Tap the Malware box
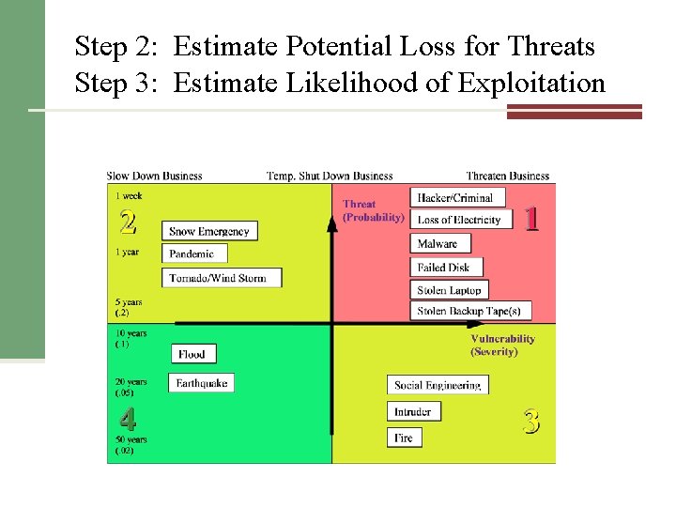(x=438, y=243)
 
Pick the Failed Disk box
(x=446, y=268)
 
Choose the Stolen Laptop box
(x=450, y=290)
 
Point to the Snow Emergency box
(x=209, y=231)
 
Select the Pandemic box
(x=195, y=253)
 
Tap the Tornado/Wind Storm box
(x=222, y=278)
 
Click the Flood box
(x=194, y=354)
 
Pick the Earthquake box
(x=202, y=383)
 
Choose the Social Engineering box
(x=438, y=385)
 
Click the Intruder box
(x=413, y=411)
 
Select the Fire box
(x=405, y=438)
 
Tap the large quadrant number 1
(x=532, y=219)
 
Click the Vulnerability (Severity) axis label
(x=502, y=345)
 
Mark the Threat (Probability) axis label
(x=373, y=210)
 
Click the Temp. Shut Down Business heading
(x=330, y=176)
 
